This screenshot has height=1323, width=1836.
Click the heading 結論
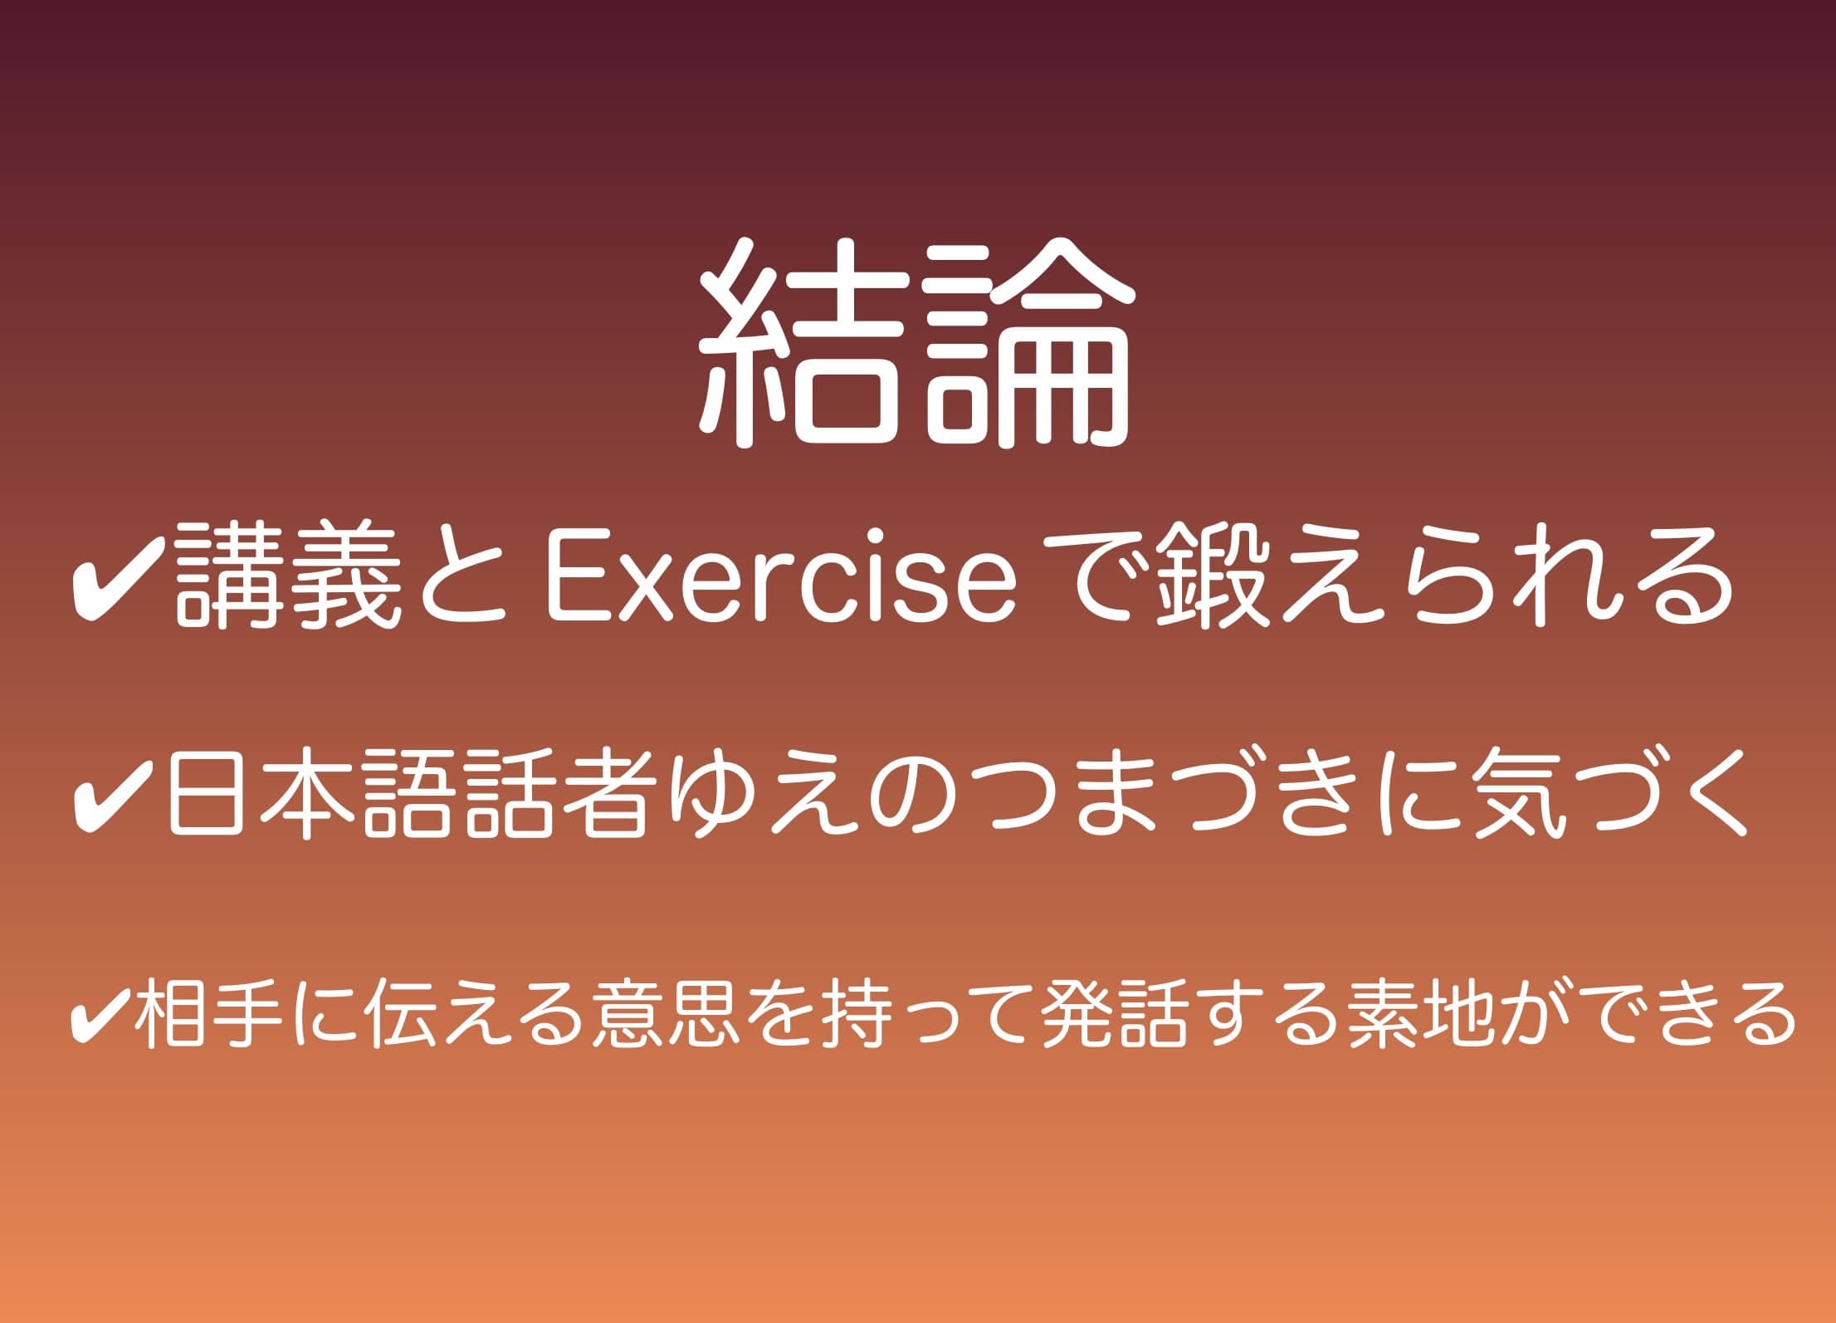(x=916, y=344)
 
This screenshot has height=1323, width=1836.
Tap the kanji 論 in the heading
(x=1029, y=344)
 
